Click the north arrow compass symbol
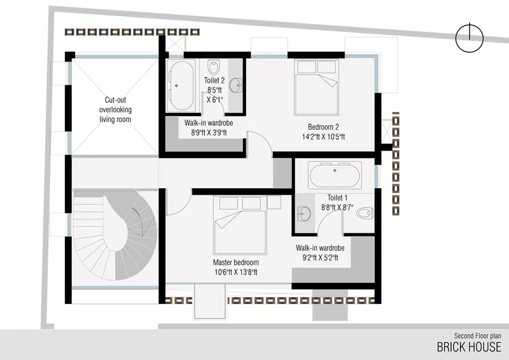pyautogui.click(x=470, y=38)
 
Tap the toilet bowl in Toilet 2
pyautogui.click(x=213, y=67)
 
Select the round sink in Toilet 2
pyautogui.click(x=235, y=86)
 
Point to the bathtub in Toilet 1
pyautogui.click(x=335, y=175)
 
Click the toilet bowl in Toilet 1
pyautogui.click(x=364, y=213)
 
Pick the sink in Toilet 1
pyautogui.click(x=304, y=214)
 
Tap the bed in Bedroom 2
pyautogui.click(x=316, y=87)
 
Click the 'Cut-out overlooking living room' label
pyautogui.click(x=115, y=110)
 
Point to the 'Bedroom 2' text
pyautogui.click(x=323, y=127)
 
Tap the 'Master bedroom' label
pyautogui.click(x=235, y=262)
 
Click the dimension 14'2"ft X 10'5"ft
pyautogui.click(x=323, y=137)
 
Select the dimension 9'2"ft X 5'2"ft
pyautogui.click(x=320, y=258)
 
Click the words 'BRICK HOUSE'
pyautogui.click(x=469, y=347)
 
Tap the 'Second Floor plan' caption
pyautogui.click(x=477, y=336)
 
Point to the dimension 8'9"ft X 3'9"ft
pyautogui.click(x=209, y=132)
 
